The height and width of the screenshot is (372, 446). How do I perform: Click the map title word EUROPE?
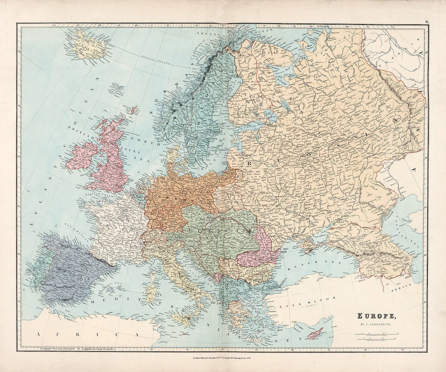pyautogui.click(x=376, y=317)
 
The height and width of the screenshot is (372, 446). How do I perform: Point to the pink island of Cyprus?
pyautogui.click(x=316, y=333)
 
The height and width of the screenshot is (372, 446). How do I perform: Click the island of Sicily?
pyautogui.click(x=182, y=319)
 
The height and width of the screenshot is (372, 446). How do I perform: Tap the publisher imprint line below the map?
pyautogui.click(x=223, y=358)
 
